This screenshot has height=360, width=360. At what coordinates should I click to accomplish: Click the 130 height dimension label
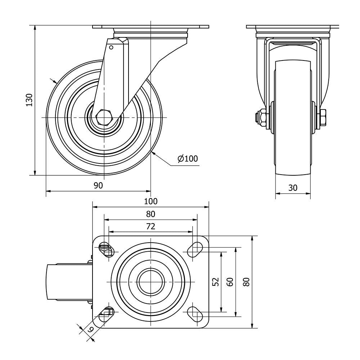29,100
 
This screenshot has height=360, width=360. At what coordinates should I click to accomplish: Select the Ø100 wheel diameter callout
188,158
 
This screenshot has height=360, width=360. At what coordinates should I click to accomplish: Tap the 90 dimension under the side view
98,185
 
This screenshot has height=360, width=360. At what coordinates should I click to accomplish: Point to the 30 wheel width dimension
293,188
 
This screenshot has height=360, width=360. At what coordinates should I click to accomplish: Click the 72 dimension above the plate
150,226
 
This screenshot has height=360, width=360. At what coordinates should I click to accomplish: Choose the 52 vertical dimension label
216,282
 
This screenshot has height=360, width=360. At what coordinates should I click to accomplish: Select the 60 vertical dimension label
230,282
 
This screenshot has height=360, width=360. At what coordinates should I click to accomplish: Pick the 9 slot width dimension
90,330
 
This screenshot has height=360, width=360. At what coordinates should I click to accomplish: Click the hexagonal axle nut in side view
104,118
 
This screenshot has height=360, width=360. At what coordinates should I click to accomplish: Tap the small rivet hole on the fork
111,48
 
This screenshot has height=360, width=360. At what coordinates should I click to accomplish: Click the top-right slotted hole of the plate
195,249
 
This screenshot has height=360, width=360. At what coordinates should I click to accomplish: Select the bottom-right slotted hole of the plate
195,315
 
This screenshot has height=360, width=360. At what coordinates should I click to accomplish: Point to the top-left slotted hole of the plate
107,249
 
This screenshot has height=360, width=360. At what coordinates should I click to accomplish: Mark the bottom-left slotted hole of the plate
107,315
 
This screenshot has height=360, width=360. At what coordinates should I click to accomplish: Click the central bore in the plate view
150,282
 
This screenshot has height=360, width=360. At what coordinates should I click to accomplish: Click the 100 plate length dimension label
151,201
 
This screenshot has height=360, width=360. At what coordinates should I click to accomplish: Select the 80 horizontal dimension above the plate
150,214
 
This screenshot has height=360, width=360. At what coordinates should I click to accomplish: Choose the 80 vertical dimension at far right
246,282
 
